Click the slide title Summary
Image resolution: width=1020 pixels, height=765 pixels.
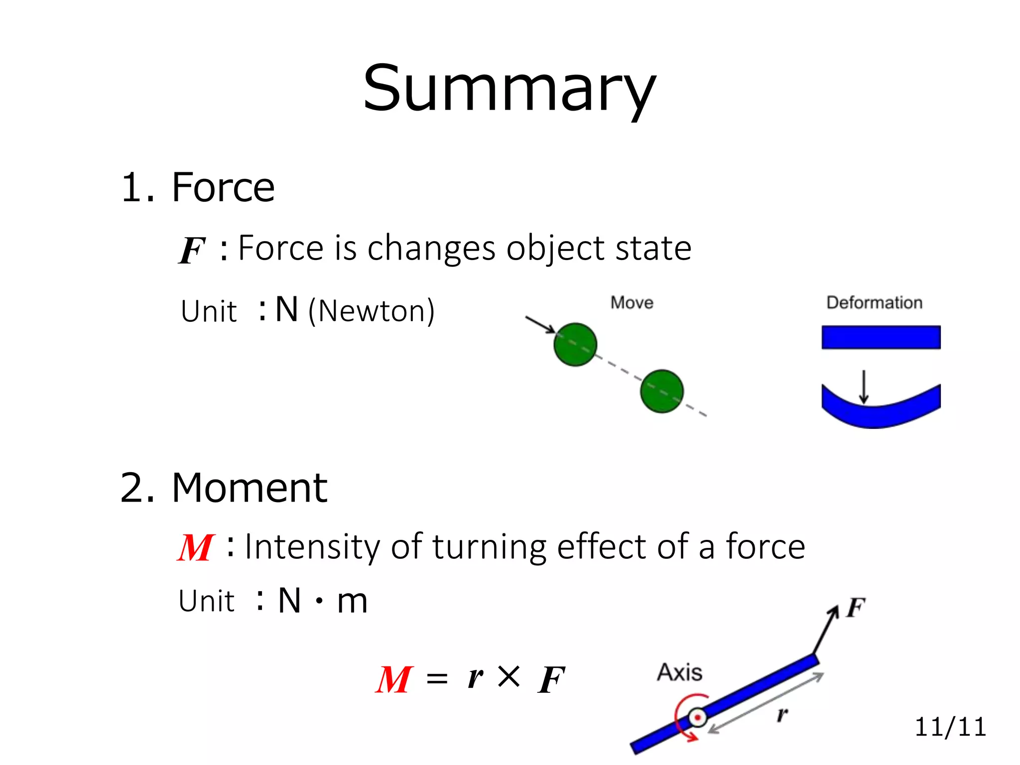(x=509, y=90)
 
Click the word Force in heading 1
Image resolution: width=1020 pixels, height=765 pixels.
(x=223, y=188)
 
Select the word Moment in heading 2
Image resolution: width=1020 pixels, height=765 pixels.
(x=249, y=488)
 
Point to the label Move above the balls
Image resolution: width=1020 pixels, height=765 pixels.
(x=632, y=303)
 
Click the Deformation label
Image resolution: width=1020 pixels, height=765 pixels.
(x=874, y=303)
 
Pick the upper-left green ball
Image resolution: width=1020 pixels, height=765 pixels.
(x=575, y=345)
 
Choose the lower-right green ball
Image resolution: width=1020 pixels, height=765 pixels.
(x=661, y=391)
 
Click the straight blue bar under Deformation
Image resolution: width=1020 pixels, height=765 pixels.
(x=881, y=337)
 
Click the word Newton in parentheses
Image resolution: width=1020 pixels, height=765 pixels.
(x=371, y=311)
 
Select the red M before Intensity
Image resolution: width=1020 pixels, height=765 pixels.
(x=195, y=548)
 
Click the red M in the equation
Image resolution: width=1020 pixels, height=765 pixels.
(x=394, y=680)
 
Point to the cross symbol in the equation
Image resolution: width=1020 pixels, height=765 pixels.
(x=509, y=677)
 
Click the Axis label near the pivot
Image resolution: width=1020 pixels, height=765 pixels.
(x=679, y=672)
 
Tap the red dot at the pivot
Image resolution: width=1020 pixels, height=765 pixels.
(x=698, y=718)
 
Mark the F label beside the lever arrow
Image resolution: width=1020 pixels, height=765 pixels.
(x=856, y=608)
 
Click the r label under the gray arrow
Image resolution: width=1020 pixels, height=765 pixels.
(x=782, y=715)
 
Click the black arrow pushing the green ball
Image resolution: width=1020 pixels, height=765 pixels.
(x=540, y=324)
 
